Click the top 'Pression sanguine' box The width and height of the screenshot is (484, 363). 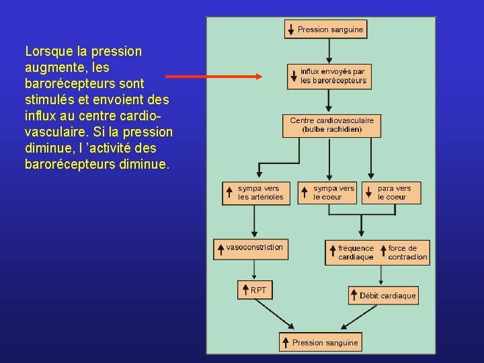point(325,30)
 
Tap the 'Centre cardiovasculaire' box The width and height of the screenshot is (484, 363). point(331,125)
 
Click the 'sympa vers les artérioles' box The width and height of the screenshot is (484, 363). point(257,193)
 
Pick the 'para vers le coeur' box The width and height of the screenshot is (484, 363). point(391,193)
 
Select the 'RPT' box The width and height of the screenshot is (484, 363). point(255,290)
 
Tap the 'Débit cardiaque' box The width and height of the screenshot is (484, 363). point(383,295)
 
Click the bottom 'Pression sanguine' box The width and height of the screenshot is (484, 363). point(321,342)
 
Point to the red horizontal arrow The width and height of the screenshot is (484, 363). point(214,77)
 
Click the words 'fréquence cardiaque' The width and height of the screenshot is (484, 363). point(356,253)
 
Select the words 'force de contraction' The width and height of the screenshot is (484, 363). point(407,253)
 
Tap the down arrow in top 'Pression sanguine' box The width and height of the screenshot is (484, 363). point(290,30)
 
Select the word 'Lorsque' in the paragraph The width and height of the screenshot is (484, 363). point(46,51)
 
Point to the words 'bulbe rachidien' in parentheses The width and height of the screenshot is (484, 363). point(332,129)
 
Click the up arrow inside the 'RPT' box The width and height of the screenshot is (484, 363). point(245,290)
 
